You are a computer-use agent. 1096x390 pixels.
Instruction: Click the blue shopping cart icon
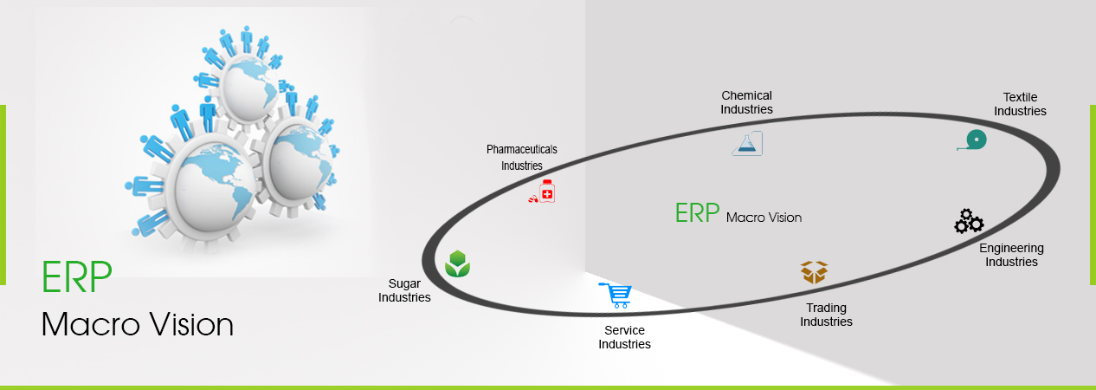coord(616,295)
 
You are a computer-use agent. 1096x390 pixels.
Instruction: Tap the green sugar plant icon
coord(457,263)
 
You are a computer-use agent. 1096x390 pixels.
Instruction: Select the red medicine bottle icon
coord(542,191)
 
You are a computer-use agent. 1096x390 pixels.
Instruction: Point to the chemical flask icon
coord(747,144)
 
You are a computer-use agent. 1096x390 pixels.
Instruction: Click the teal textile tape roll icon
coord(972,140)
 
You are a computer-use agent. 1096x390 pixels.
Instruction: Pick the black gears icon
coord(969,222)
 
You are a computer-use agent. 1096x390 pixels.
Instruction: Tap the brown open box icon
coord(814,272)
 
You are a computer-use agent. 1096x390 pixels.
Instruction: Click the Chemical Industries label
coord(746,102)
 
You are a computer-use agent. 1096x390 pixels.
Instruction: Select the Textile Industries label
coord(1020,104)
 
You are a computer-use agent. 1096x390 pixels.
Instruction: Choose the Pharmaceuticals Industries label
coord(521,157)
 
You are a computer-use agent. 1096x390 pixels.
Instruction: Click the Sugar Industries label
coord(404,290)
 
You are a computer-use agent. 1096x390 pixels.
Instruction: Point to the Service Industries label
coord(624,337)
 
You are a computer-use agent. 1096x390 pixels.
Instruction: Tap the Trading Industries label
coord(826,315)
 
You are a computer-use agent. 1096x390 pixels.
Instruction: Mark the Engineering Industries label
coord(1011,255)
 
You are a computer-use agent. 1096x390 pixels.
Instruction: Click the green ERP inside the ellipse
coord(697,213)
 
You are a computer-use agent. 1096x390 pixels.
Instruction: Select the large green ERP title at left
coord(77,276)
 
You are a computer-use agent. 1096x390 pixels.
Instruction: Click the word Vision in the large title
coord(191,324)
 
